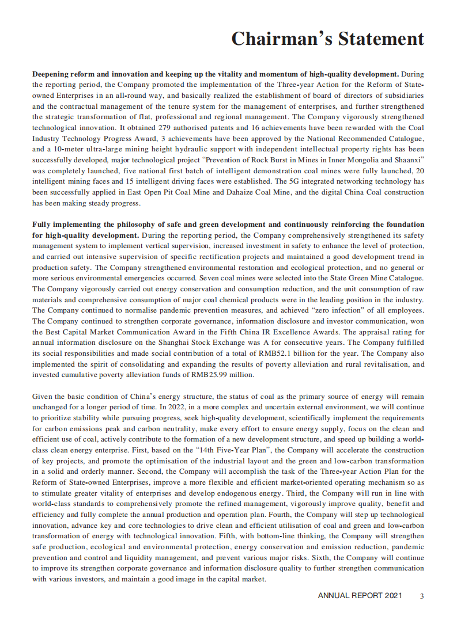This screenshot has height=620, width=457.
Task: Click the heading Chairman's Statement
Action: coord(327,39)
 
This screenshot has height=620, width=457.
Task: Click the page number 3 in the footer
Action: coord(422,596)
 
